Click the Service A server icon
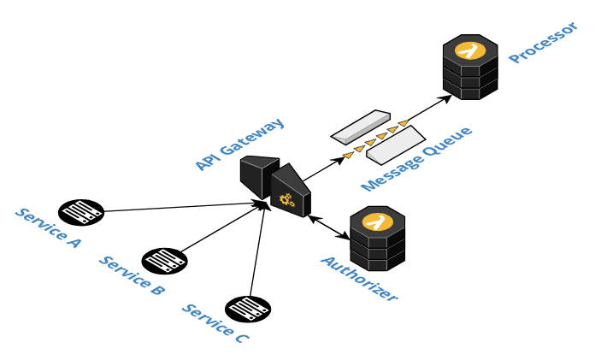click(x=81, y=211)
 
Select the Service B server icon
click(x=164, y=261)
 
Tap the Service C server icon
click(x=248, y=309)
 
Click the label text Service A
click(x=48, y=227)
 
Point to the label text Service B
click(x=131, y=275)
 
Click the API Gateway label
click(x=239, y=143)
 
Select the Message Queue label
click(x=416, y=160)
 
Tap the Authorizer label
click(x=359, y=278)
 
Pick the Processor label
click(x=544, y=42)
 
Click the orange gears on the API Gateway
click(x=287, y=201)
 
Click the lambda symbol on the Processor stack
click(x=469, y=50)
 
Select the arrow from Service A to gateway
click(x=180, y=207)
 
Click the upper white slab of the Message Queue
click(x=361, y=126)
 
